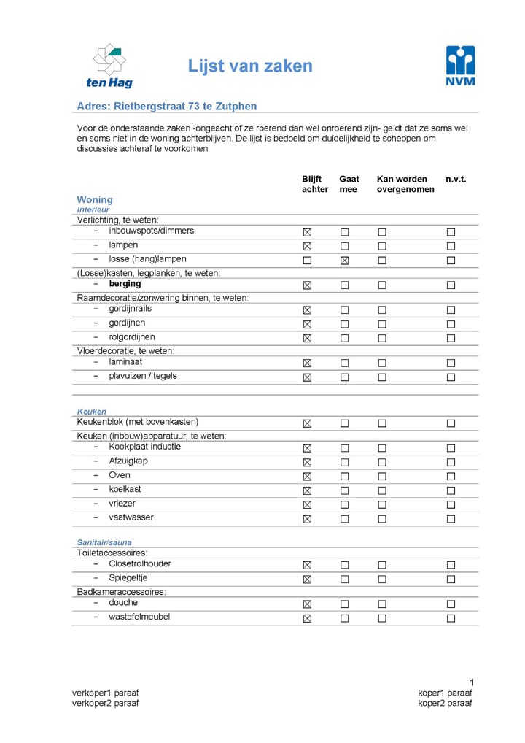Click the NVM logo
click(x=460, y=66)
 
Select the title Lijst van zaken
click(x=250, y=66)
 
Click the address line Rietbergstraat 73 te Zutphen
click(x=167, y=107)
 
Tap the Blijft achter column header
click(x=315, y=184)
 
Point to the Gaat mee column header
click(x=349, y=184)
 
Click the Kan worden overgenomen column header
click(x=405, y=184)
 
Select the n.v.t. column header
click(x=456, y=179)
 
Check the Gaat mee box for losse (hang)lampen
click(x=345, y=261)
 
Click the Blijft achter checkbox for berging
click(x=307, y=285)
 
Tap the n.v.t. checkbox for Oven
click(x=451, y=477)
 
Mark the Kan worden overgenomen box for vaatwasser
click(x=381, y=520)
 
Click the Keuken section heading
click(x=92, y=412)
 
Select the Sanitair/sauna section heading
click(x=104, y=543)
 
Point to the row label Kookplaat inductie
click(x=144, y=447)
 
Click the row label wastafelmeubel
click(x=139, y=617)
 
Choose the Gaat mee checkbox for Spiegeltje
click(x=345, y=580)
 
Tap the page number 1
click(x=472, y=682)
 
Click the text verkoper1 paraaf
click(x=105, y=693)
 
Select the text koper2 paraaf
click(x=445, y=704)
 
